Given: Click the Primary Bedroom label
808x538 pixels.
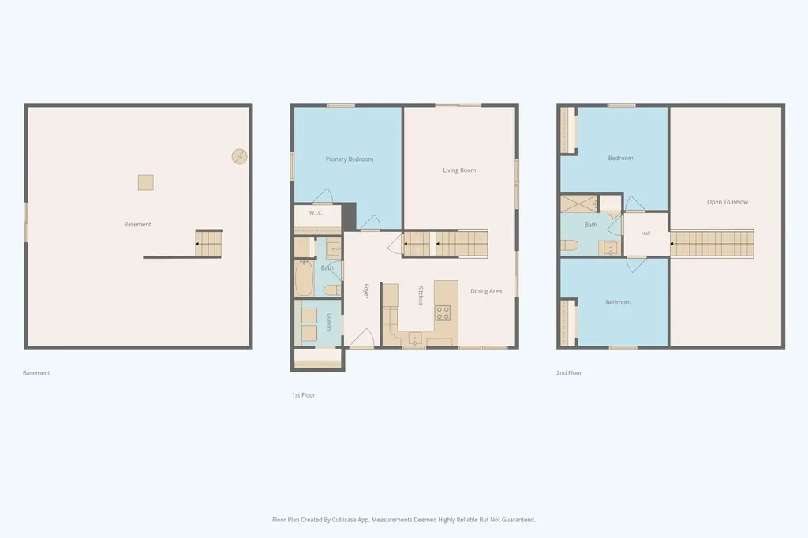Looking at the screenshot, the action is (x=350, y=159).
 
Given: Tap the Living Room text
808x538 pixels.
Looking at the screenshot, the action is (x=459, y=170).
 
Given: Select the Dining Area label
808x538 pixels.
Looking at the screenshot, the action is (x=486, y=291).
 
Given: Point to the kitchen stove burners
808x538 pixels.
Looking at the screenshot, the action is (x=443, y=313).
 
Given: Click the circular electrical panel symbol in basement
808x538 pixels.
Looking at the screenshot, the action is (x=239, y=157).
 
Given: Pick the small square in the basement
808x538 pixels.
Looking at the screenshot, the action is (x=146, y=183).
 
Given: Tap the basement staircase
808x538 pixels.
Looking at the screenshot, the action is (x=208, y=243).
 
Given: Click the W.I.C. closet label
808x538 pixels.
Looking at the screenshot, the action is (x=316, y=213).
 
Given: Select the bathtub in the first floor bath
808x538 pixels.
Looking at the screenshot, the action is (x=304, y=278).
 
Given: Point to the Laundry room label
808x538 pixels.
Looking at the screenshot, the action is (x=329, y=323).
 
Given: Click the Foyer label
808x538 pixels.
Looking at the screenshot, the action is (x=366, y=291).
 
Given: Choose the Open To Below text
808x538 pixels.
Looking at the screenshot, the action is (x=727, y=202).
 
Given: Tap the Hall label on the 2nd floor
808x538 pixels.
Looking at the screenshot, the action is (x=645, y=234).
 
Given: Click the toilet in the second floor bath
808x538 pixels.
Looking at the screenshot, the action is (x=569, y=245).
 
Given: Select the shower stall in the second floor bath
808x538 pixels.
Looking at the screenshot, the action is (x=578, y=204).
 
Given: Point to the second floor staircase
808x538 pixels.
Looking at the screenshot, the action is (x=712, y=243).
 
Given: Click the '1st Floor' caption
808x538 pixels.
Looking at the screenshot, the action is (x=304, y=395).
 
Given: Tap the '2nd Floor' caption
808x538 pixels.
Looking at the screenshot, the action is (x=569, y=373).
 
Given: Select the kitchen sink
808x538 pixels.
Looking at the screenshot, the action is (x=415, y=338).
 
